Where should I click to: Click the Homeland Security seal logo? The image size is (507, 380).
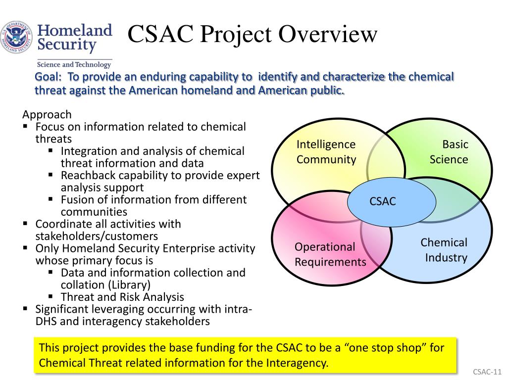(16, 38)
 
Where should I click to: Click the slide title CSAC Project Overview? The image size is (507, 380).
(253, 35)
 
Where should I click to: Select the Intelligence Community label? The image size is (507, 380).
(326, 152)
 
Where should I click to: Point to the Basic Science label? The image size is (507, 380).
(449, 152)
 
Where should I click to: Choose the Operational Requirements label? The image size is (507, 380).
(330, 254)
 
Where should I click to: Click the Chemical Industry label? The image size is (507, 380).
(445, 250)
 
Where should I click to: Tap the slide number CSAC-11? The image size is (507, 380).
(487, 372)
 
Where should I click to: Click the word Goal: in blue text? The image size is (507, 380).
(49, 77)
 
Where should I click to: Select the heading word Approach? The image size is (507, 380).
(47, 115)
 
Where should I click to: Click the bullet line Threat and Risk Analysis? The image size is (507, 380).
(122, 297)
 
